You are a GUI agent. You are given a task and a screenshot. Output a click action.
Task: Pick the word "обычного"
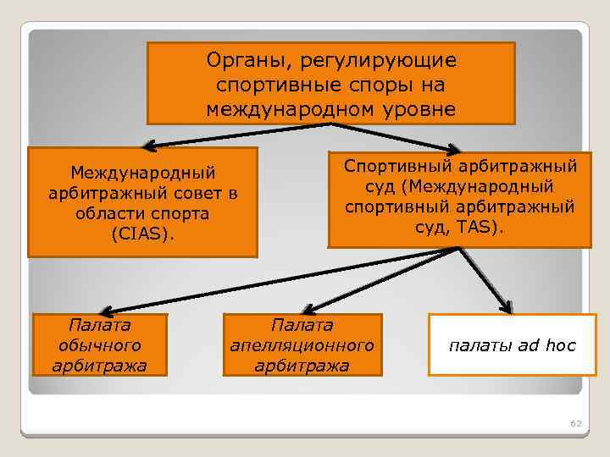point(99,346)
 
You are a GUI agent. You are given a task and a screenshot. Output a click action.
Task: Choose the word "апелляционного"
point(302,346)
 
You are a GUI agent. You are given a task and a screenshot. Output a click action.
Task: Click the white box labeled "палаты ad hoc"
point(512,345)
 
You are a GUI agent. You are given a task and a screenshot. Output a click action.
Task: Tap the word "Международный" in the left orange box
point(142,173)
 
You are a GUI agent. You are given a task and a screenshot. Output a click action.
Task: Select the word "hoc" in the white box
point(560,345)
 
